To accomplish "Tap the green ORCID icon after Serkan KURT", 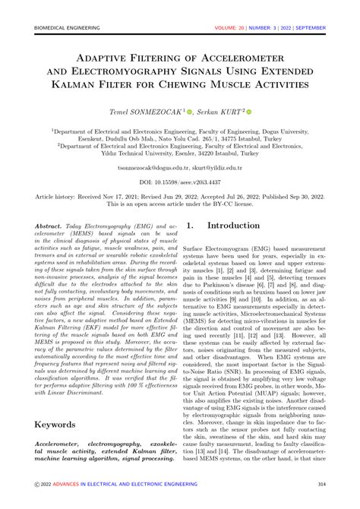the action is coord(248,112).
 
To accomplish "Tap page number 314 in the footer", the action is coord(322,483).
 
